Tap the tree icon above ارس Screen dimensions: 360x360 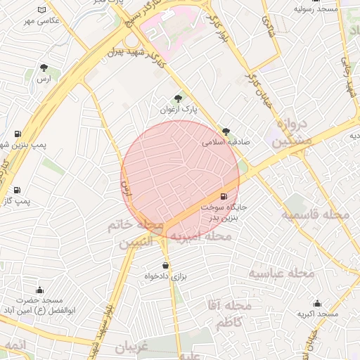pyautogui.click(x=44, y=68)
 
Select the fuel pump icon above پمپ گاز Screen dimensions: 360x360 pyautogui.click(x=17, y=190)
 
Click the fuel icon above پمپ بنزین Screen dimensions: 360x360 pyautogui.click(x=17, y=133)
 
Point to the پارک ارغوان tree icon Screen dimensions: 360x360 pyautogui.click(x=177, y=98)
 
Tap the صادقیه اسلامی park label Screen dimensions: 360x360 pyautogui.click(x=226, y=141)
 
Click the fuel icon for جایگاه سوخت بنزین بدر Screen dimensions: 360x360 pyautogui.click(x=224, y=196)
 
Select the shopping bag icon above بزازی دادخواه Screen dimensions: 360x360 pyautogui.click(x=165, y=265)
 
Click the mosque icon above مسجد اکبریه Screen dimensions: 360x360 pyautogui.click(x=317, y=303)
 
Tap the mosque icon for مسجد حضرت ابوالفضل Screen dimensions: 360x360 pyautogui.click(x=39, y=290)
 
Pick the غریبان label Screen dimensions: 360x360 pyautogui.click(x=129, y=348)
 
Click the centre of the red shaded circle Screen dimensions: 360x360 pyautogui.click(x=180, y=179)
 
